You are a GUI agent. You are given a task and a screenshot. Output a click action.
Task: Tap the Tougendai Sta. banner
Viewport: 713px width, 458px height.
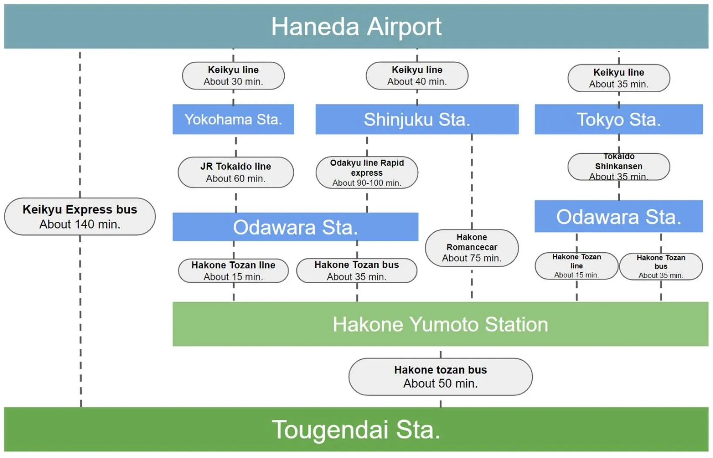356,430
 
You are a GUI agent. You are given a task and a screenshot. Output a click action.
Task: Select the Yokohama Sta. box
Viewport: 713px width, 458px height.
233,119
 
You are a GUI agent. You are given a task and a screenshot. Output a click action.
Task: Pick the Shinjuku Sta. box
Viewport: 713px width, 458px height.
417,119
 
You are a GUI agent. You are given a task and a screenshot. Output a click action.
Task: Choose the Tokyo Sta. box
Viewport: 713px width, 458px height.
619,119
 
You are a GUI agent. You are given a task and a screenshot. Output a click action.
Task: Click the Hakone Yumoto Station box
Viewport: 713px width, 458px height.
440,324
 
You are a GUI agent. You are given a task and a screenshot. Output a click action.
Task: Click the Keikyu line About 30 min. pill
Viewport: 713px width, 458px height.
233,76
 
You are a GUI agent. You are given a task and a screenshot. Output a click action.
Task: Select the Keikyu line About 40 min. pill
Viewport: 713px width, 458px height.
417,76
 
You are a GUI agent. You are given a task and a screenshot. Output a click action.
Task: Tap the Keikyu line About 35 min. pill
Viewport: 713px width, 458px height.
619,78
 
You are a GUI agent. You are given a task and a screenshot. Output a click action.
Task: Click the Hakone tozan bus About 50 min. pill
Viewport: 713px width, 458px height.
441,377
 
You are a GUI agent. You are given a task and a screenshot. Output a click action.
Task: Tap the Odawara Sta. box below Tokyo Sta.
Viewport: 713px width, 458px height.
619,217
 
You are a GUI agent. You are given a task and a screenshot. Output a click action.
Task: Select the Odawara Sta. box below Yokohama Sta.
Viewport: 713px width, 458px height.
295,227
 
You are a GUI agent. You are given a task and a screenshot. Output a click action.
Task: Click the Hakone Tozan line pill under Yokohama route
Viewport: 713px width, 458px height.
233,271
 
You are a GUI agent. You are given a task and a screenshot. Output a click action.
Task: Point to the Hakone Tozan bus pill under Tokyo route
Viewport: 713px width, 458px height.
661,266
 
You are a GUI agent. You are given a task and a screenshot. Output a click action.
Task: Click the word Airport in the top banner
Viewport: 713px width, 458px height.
404,27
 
